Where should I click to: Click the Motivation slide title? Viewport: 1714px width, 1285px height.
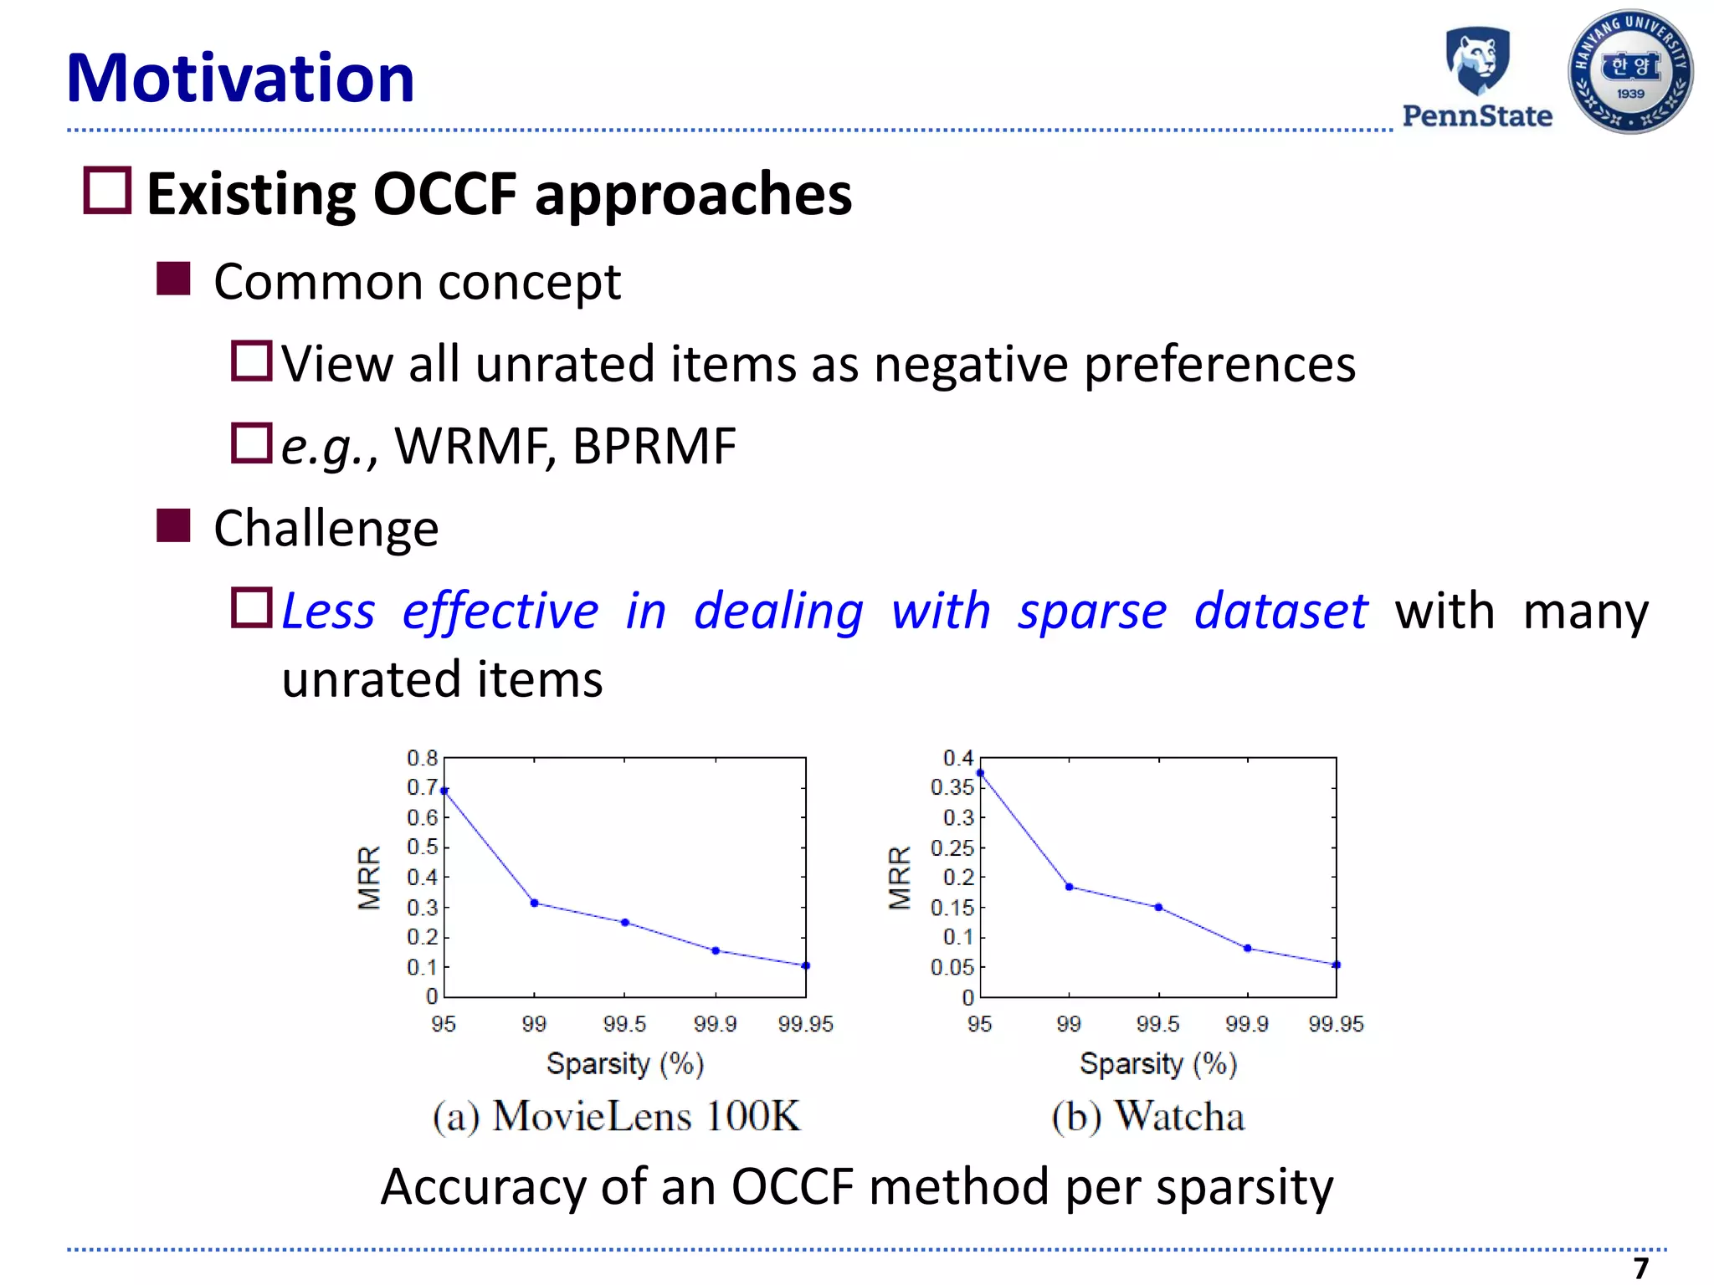point(240,78)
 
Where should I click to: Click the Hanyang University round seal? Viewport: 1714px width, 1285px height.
point(1630,72)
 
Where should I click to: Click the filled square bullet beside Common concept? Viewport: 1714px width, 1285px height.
point(173,279)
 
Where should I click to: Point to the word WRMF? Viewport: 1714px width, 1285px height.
point(472,446)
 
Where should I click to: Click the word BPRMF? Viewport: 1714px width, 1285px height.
point(654,446)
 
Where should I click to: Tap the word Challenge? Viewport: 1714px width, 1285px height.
point(326,529)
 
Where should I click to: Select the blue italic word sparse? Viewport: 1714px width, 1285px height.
point(1091,611)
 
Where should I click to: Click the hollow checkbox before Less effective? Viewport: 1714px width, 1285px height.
point(251,608)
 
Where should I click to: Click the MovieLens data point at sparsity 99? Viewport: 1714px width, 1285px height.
point(534,903)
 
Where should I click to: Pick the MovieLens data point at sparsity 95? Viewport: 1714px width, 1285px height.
point(444,790)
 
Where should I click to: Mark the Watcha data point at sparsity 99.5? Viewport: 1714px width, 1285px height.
point(1158,907)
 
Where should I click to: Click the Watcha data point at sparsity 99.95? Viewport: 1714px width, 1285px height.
point(1336,965)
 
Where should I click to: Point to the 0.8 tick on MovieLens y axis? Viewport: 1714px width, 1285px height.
point(422,758)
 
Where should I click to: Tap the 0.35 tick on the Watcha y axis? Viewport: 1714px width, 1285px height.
point(952,787)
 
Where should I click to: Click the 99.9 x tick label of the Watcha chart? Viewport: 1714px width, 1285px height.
point(1246,1024)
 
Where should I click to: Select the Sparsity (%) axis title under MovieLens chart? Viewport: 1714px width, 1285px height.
point(625,1064)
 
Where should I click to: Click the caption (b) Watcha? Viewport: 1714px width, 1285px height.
point(1147,1117)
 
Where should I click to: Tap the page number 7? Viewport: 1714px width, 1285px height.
point(1640,1267)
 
